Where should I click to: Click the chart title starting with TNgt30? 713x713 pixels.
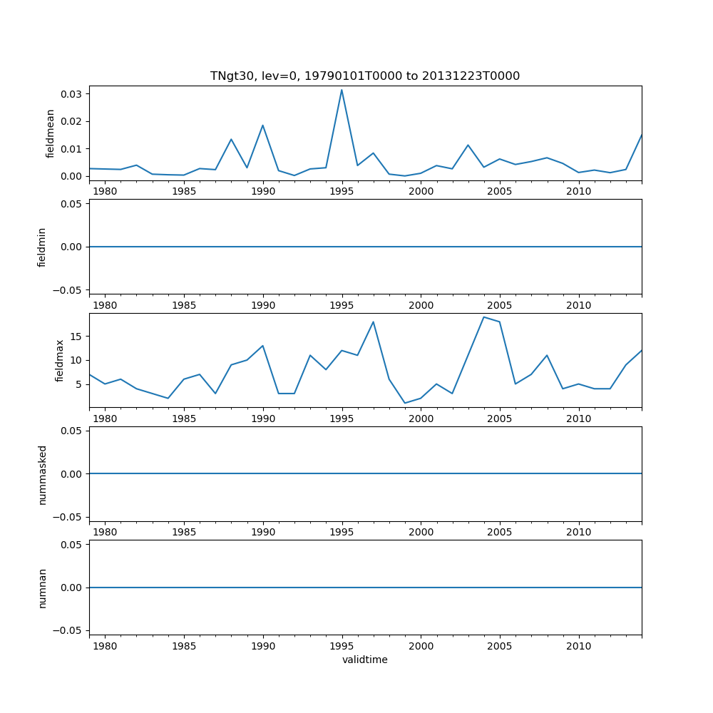pyautogui.click(x=364, y=76)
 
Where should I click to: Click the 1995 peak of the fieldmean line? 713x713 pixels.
pyautogui.click(x=342, y=90)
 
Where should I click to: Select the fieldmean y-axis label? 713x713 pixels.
pyautogui.click(x=51, y=133)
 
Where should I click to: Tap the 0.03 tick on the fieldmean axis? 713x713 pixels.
pyautogui.click(x=73, y=94)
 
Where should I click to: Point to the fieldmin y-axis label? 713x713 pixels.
pyautogui.click(x=42, y=247)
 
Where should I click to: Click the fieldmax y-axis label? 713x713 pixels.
pyautogui.click(x=60, y=360)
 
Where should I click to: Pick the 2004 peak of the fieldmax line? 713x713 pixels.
pyautogui.click(x=483, y=317)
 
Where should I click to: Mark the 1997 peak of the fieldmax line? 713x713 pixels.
pyautogui.click(x=373, y=322)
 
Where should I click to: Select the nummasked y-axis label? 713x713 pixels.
pyautogui.click(x=42, y=474)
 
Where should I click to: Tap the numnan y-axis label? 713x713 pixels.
pyautogui.click(x=42, y=588)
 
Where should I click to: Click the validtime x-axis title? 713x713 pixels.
pyautogui.click(x=364, y=660)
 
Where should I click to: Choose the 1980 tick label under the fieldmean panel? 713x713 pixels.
pyautogui.click(x=105, y=191)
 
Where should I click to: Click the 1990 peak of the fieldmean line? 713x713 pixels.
pyautogui.click(x=262, y=125)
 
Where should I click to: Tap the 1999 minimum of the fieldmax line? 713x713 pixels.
pyautogui.click(x=404, y=404)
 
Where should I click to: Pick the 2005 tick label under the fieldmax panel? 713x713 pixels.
pyautogui.click(x=499, y=419)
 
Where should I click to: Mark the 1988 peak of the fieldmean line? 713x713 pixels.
pyautogui.click(x=231, y=139)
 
